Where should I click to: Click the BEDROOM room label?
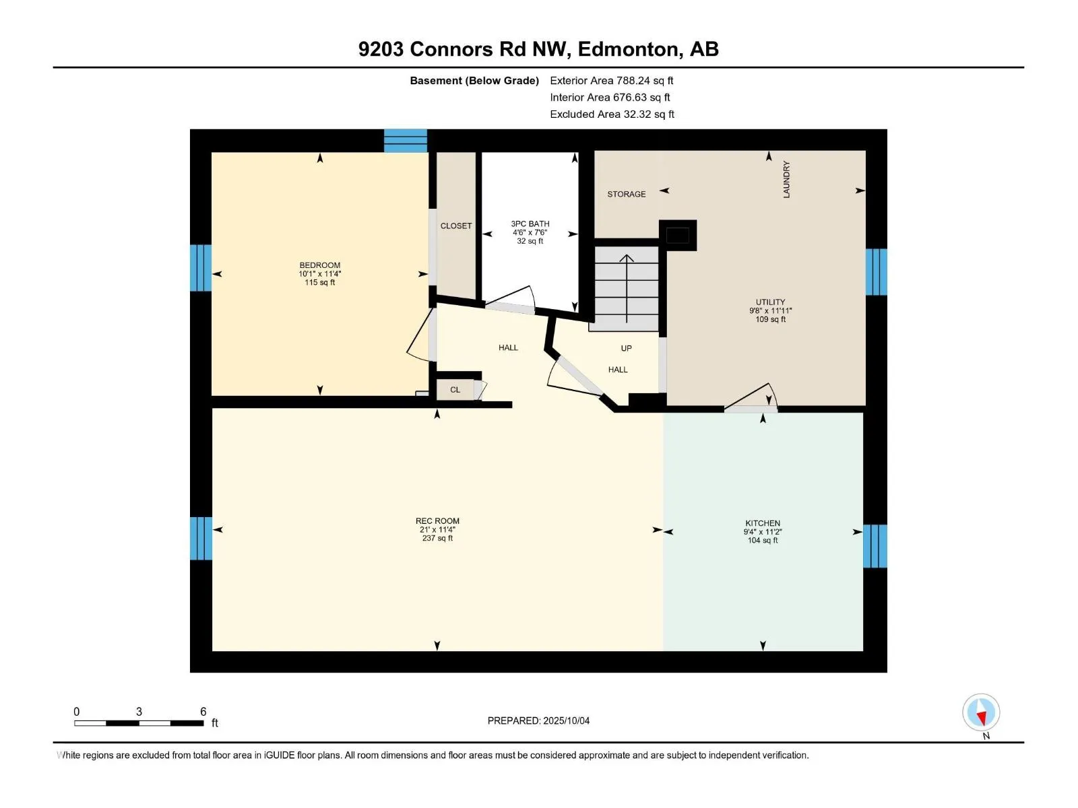320,265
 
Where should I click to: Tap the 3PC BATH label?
530,224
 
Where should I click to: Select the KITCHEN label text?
763,523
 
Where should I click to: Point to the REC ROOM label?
437,521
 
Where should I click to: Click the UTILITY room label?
770,302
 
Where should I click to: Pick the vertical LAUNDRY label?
786,179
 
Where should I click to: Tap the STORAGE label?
626,195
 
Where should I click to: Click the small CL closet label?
455,390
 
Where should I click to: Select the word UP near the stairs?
626,348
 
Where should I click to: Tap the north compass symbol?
981,712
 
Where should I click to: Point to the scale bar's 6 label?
203,711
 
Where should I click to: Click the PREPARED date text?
538,720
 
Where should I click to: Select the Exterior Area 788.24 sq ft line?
612,80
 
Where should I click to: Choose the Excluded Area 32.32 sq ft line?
612,114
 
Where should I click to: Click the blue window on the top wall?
405,141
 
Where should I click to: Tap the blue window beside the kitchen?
875,546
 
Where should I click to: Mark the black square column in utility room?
678,236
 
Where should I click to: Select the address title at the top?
538,49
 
